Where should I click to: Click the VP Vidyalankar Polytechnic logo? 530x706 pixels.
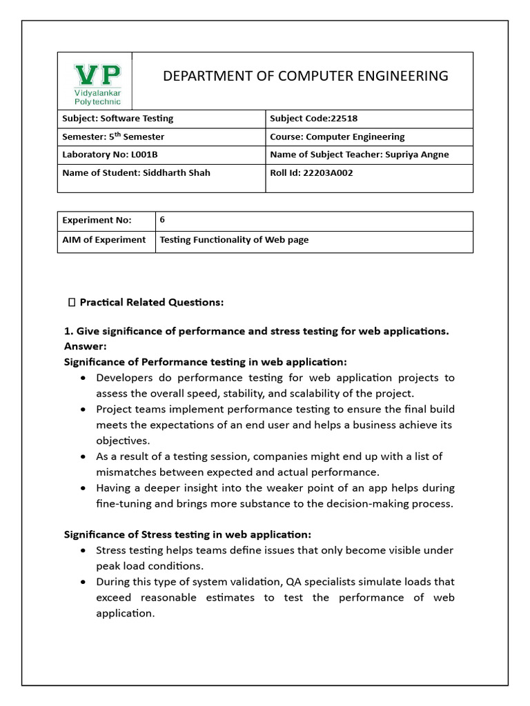[97, 83]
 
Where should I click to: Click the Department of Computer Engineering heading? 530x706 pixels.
[305, 76]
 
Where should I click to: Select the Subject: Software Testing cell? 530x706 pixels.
[118, 119]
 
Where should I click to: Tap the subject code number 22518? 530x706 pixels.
[339, 119]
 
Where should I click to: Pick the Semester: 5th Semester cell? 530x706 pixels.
[113, 137]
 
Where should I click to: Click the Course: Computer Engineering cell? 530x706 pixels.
[337, 137]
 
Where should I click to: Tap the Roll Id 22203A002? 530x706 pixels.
[328, 172]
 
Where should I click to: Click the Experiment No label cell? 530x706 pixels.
[97, 221]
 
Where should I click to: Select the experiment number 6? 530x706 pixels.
[162, 220]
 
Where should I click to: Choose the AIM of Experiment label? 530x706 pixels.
[104, 240]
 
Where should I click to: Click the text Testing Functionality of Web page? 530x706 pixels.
[234, 240]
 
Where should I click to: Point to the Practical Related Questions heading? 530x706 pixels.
[151, 302]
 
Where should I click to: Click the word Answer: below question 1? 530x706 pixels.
[85, 346]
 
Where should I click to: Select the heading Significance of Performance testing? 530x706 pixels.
[205, 362]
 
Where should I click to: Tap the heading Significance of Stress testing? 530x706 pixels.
[187, 534]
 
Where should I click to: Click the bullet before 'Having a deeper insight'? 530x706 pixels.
[83, 488]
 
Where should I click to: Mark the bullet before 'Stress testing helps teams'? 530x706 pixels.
[83, 551]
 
